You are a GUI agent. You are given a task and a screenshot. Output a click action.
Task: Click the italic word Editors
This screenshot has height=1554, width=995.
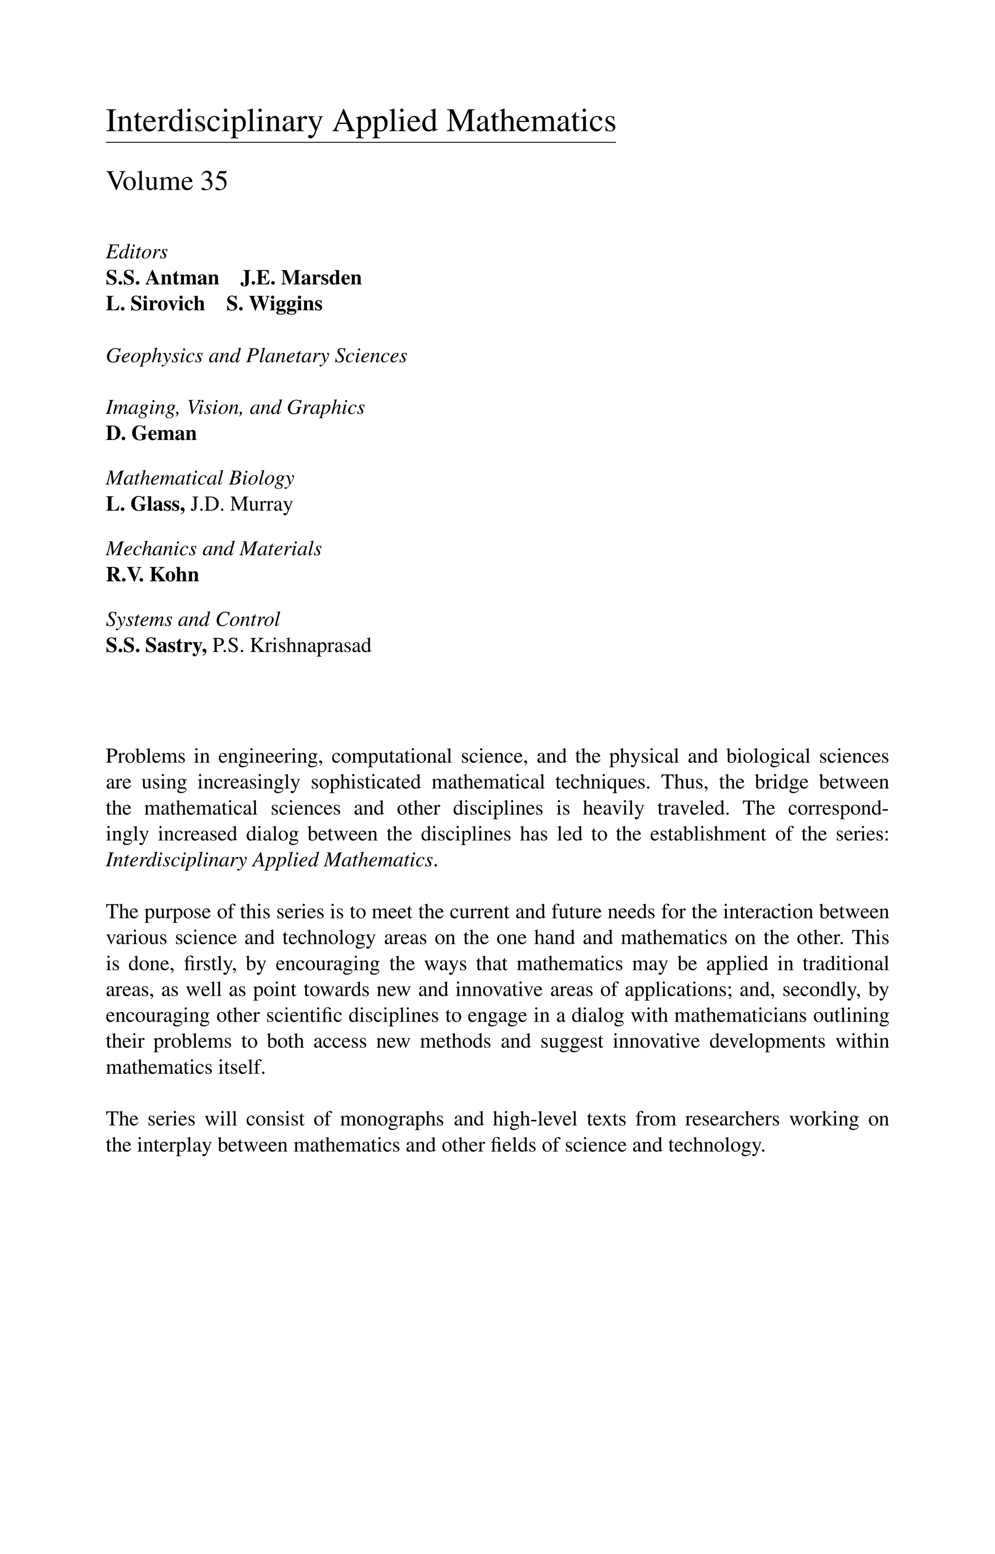pyautogui.click(x=137, y=251)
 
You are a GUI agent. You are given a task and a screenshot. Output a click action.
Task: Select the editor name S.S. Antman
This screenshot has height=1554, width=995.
pyautogui.click(x=162, y=278)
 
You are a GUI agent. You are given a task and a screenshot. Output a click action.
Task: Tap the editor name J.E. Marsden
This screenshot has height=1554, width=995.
pyautogui.click(x=301, y=278)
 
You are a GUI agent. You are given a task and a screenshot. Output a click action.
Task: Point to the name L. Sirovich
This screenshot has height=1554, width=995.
pyautogui.click(x=155, y=304)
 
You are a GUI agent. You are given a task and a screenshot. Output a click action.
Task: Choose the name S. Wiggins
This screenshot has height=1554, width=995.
pyautogui.click(x=274, y=304)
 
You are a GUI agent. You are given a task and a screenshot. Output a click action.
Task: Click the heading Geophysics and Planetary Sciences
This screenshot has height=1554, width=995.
pyautogui.click(x=256, y=355)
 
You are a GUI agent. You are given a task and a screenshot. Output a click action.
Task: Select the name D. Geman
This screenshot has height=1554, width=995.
pyautogui.click(x=151, y=433)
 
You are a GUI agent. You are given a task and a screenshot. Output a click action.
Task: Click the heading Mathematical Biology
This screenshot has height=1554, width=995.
pyautogui.click(x=200, y=478)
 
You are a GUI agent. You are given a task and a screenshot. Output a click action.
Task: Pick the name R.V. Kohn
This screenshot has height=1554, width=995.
pyautogui.click(x=152, y=575)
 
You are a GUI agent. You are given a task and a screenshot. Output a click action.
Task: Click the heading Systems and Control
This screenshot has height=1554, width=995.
pyautogui.click(x=192, y=619)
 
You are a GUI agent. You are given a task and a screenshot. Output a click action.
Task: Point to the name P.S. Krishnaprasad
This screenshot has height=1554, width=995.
pyautogui.click(x=292, y=646)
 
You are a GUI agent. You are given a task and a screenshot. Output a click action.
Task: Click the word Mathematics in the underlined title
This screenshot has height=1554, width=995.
pyautogui.click(x=531, y=122)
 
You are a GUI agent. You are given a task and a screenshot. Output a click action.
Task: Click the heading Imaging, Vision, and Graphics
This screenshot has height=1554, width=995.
pyautogui.click(x=235, y=407)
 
